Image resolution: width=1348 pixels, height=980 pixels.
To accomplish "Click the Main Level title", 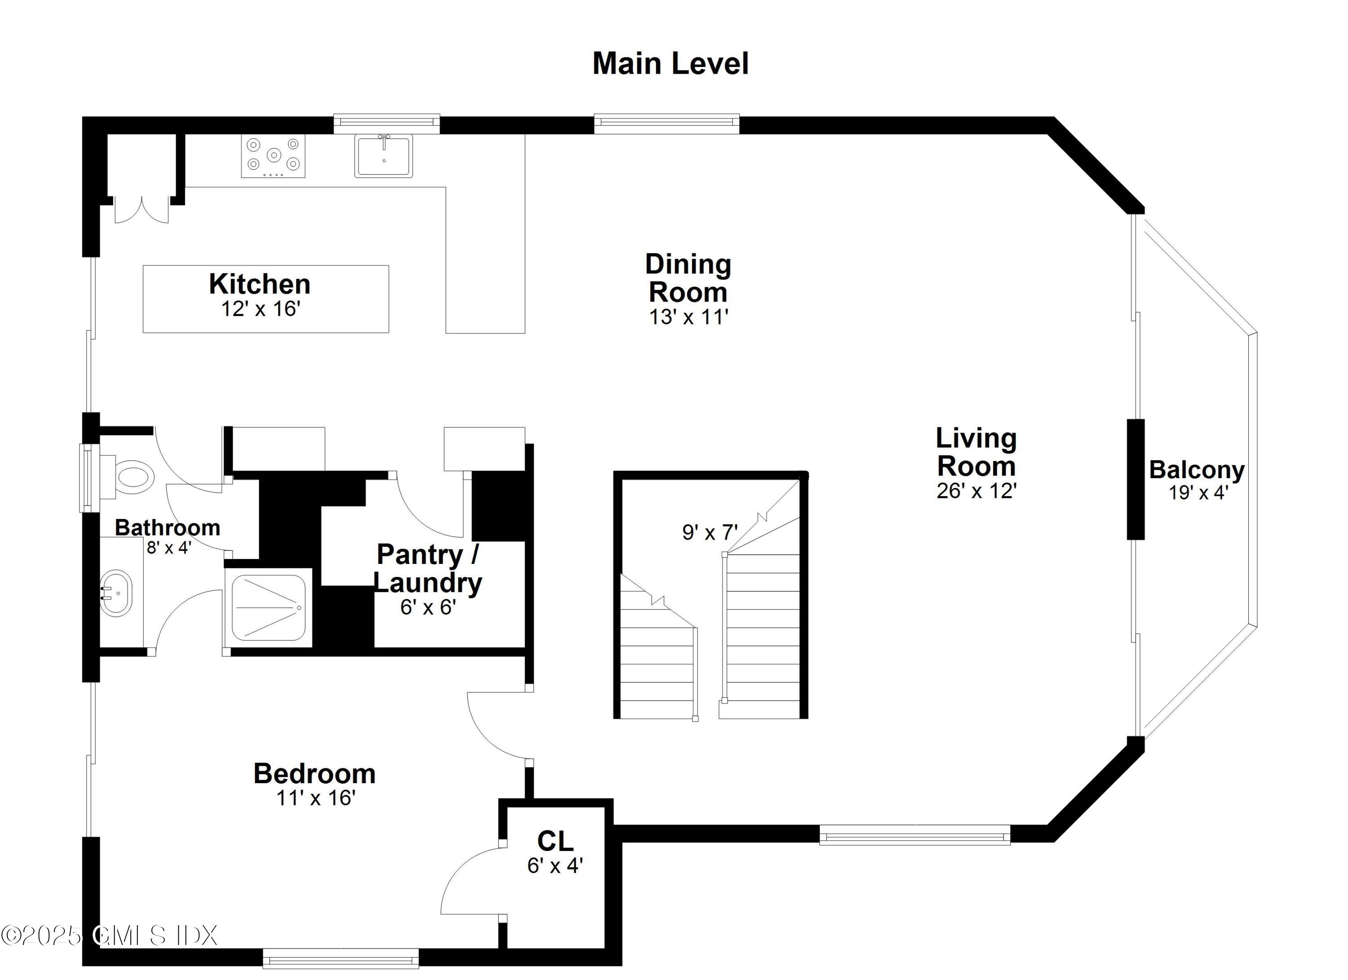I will coord(670,64).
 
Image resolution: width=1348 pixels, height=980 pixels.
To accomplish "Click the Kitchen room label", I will coord(260,284).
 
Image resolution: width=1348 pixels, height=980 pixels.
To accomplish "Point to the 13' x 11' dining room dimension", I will coord(688,317).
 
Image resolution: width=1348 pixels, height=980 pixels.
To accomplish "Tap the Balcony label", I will coord(1197,470).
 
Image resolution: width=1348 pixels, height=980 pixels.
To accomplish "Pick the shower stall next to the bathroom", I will coord(268,608).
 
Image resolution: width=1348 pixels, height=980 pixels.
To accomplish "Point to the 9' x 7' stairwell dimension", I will coord(709,532).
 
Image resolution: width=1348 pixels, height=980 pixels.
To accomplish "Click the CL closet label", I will coord(555,841).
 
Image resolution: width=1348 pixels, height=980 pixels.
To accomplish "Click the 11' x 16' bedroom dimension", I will coord(315,798).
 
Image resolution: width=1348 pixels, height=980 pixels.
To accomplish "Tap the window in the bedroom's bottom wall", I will coord(341,958).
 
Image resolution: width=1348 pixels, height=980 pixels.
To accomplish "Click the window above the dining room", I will coord(666,123).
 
